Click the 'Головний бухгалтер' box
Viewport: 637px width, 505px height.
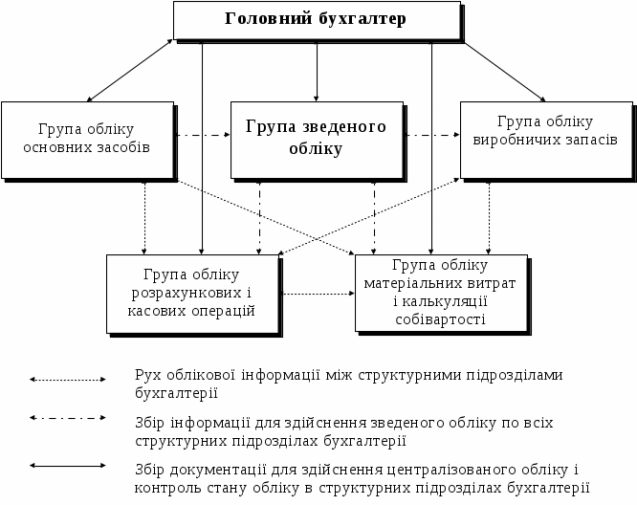pos(316,19)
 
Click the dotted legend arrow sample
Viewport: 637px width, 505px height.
pos(67,380)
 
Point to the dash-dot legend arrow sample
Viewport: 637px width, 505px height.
pos(67,418)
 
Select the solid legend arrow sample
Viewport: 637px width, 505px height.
pos(67,466)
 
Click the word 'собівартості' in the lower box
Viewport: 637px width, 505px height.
pos(440,318)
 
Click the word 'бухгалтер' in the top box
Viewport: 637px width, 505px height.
pos(359,19)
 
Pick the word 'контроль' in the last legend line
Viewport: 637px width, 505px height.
pos(165,487)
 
